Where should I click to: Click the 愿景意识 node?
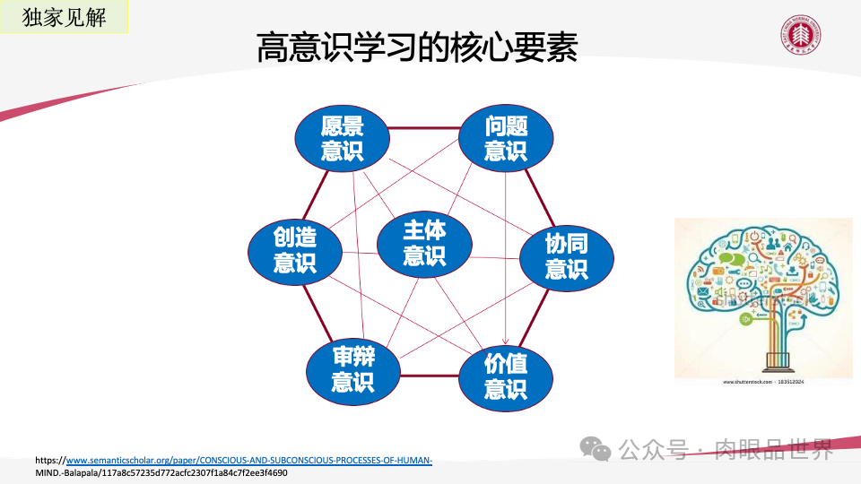(x=342, y=139)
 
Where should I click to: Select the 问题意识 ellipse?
(x=506, y=139)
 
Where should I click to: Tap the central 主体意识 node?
(x=424, y=242)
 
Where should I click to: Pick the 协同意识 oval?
(x=567, y=256)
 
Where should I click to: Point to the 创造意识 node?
(x=295, y=250)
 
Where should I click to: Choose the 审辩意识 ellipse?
(x=352, y=369)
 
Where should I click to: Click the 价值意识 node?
(x=506, y=376)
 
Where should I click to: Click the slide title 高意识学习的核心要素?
(x=417, y=48)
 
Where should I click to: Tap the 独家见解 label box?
(x=63, y=16)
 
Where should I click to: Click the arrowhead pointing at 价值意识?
(x=506, y=341)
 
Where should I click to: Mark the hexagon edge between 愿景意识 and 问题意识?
(x=424, y=128)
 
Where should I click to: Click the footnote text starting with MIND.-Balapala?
(x=161, y=472)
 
